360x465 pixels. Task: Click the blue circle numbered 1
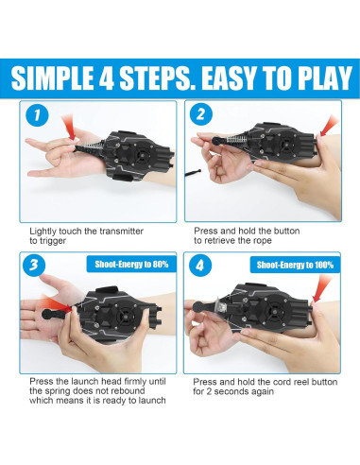point(37,115)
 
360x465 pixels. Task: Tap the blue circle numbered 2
point(201,113)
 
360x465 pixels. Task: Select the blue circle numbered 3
point(34,266)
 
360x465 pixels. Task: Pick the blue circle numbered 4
point(200,266)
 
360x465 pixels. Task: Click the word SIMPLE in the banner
point(52,78)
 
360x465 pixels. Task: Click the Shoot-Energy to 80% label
point(131,264)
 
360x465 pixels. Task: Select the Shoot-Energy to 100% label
point(295,265)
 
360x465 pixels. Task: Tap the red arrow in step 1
point(69,127)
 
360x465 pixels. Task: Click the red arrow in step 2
point(329,126)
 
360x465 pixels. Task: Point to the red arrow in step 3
point(56,303)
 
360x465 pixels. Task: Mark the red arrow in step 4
point(322,288)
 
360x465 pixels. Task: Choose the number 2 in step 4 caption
point(209,391)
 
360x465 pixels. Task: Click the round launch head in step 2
point(217,141)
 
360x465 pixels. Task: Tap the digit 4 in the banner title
point(106,78)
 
